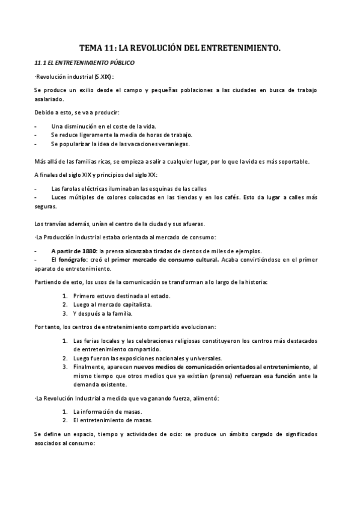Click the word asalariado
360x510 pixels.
click(x=50, y=99)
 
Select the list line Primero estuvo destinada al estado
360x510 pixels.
click(x=122, y=296)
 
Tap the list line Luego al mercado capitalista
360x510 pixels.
click(x=112, y=304)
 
